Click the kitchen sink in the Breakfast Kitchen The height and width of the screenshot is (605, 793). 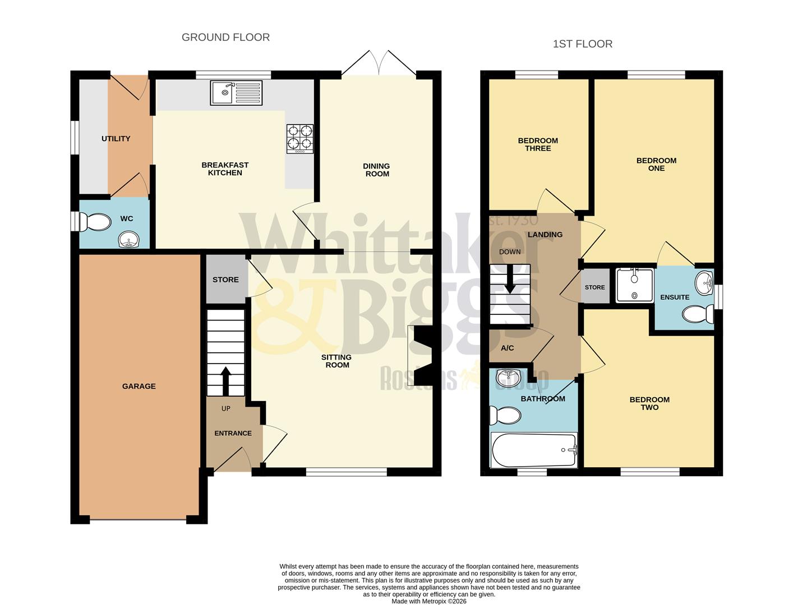click(x=236, y=93)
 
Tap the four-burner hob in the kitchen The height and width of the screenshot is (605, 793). click(x=300, y=138)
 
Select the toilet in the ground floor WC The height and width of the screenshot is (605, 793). click(x=95, y=222)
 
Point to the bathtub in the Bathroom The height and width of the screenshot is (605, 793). click(x=533, y=449)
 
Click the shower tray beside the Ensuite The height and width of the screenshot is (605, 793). click(x=634, y=286)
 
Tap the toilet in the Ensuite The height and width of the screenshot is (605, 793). click(x=698, y=314)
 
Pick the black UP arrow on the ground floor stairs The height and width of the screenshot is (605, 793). click(x=225, y=381)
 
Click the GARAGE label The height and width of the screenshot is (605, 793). click(x=139, y=386)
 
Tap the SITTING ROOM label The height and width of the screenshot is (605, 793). click(x=336, y=361)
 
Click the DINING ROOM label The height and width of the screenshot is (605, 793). click(x=376, y=170)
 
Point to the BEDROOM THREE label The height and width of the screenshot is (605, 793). click(x=538, y=145)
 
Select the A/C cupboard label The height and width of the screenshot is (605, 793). click(x=507, y=348)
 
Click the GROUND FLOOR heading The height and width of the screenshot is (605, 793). click(x=225, y=38)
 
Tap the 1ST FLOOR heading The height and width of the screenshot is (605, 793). click(x=582, y=44)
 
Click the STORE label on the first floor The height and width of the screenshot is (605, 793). click(x=594, y=287)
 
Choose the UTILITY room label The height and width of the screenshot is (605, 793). click(x=116, y=138)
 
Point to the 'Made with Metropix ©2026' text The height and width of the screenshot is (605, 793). click(x=428, y=601)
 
